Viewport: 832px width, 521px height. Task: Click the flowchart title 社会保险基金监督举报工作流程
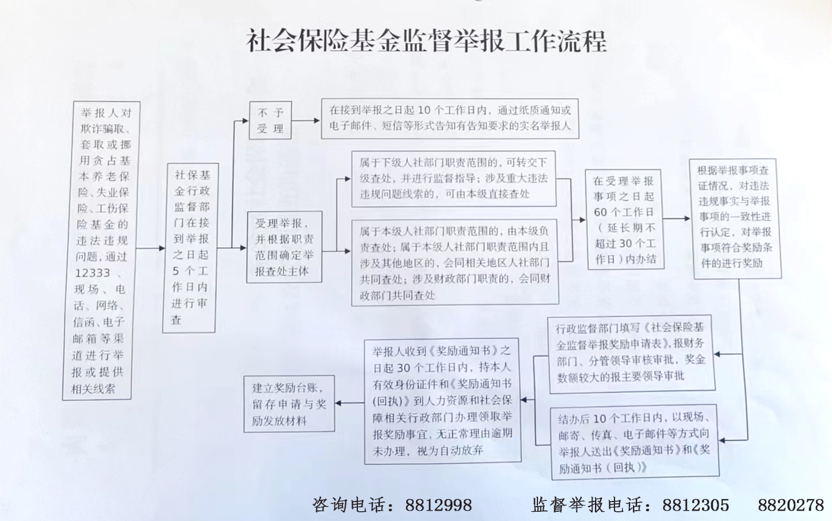click(426, 41)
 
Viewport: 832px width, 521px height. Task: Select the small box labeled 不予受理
click(270, 120)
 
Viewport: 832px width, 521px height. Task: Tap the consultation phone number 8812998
click(438, 505)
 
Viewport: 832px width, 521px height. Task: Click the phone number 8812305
click(696, 505)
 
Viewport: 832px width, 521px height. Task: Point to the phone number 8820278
click(791, 505)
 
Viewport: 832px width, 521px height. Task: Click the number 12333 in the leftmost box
click(93, 273)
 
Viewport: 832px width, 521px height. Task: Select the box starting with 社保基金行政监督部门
click(190, 248)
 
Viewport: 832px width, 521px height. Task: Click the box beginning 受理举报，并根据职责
click(284, 247)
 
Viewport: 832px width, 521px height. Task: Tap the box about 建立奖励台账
click(289, 404)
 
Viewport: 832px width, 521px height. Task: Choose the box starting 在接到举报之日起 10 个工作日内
click(450, 118)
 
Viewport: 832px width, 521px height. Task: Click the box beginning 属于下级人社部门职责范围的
click(453, 179)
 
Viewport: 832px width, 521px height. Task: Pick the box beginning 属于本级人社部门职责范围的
click(455, 263)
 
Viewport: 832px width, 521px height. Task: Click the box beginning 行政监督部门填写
click(631, 354)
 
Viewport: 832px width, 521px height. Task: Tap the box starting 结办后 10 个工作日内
click(635, 442)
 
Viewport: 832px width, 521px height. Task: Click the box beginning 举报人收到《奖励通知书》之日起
click(442, 401)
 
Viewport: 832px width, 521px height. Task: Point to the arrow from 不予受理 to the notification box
click(306, 120)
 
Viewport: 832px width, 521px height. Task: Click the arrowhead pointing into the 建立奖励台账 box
click(338, 403)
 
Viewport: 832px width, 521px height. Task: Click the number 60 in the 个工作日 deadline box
click(600, 212)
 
